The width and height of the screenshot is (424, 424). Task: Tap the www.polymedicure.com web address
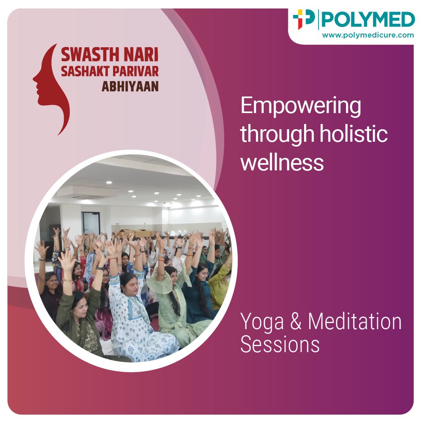pyautogui.click(x=368, y=35)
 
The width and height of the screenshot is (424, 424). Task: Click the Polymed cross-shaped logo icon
pyautogui.click(x=304, y=19)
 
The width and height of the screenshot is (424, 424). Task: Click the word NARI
pyautogui.click(x=141, y=55)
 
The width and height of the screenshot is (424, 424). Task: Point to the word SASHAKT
pyautogui.click(x=86, y=71)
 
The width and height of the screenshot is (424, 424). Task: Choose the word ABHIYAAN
pyautogui.click(x=130, y=86)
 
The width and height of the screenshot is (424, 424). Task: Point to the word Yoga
pyautogui.click(x=262, y=322)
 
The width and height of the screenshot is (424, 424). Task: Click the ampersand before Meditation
pyautogui.click(x=296, y=321)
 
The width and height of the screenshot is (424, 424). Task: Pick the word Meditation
pyautogui.click(x=355, y=321)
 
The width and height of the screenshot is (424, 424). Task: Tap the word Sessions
pyautogui.click(x=280, y=344)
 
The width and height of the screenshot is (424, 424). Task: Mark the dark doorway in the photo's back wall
pyautogui.click(x=90, y=223)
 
